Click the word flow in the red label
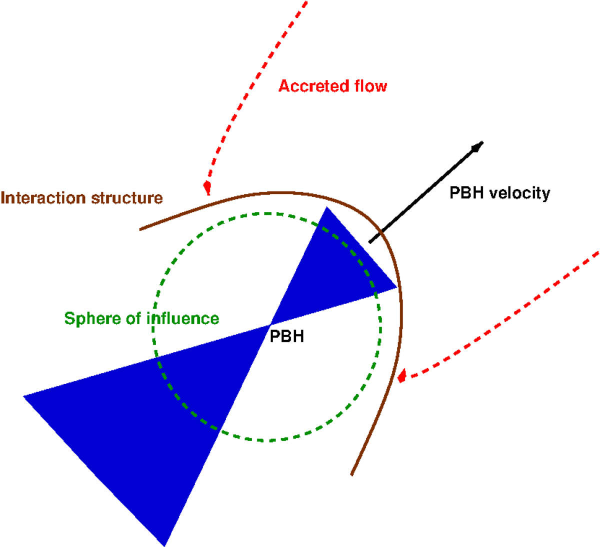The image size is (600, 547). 370,86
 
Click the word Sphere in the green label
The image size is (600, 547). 89,318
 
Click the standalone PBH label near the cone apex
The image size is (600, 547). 287,336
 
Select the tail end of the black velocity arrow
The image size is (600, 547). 370,242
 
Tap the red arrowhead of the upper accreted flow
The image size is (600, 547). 207,188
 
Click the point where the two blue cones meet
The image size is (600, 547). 270,325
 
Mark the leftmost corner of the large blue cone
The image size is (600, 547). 24,396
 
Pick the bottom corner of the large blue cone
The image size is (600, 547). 164,545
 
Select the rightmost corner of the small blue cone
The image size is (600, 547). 397,287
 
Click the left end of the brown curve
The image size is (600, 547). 140,229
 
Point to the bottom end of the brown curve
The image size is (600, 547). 352,474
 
